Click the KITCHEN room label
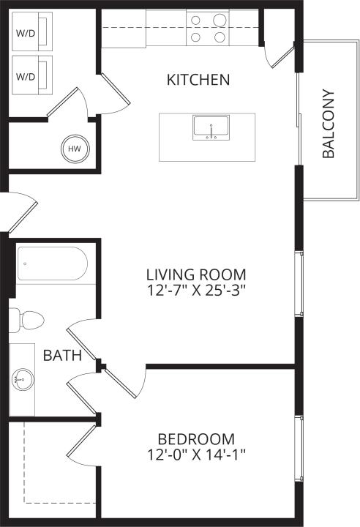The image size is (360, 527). pos(198,79)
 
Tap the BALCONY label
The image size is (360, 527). pos(329,124)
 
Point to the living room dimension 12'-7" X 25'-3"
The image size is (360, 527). pos(196,290)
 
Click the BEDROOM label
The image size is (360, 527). pos(197,439)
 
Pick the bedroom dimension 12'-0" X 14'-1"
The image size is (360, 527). pos(197,455)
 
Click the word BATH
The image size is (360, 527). pos(62,356)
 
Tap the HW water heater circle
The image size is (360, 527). pos(74,149)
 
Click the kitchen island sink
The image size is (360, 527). pos(211,127)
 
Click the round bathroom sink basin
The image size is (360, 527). pos(22,380)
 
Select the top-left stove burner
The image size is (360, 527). pos(196,20)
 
